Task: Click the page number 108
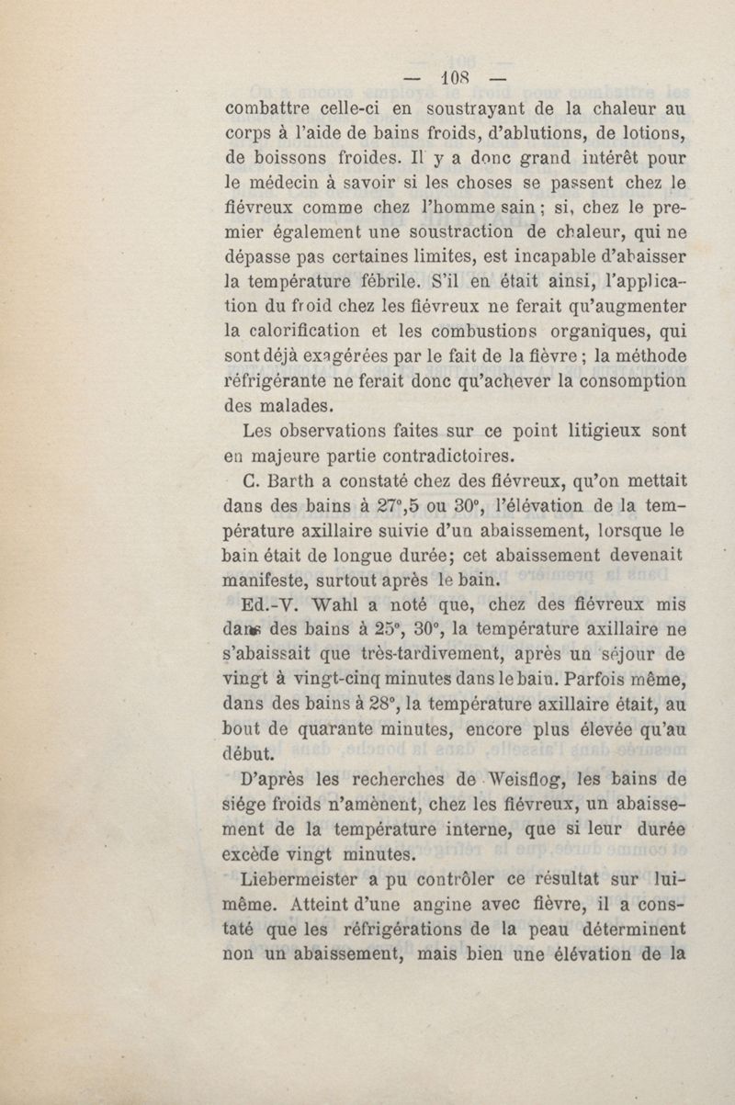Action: point(455,77)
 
